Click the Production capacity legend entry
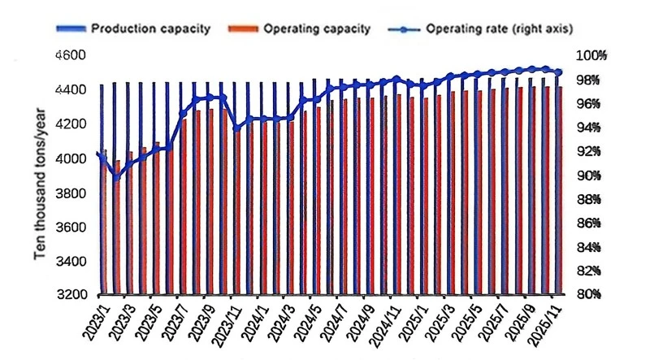[133, 28]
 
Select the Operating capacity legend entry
[299, 28]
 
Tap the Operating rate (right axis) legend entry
[481, 28]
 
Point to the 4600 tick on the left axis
[71, 55]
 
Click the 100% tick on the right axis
[591, 55]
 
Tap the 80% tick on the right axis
[589, 294]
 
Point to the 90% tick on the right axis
[589, 176]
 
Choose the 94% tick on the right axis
[589, 128]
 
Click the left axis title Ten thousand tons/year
[40, 184]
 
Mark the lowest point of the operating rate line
[116, 177]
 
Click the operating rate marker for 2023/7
[183, 113]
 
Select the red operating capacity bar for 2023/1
[105, 222]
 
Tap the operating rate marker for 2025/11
[558, 72]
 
